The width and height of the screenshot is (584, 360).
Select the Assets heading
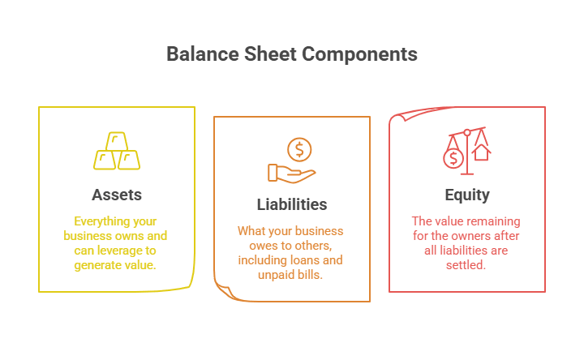pos(116,195)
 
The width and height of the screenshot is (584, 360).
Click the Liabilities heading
pos(291,205)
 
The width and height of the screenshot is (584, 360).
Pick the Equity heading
pos(467,195)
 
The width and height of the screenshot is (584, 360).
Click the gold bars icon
pos(117,152)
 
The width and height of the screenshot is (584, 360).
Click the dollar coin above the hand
pos(299,148)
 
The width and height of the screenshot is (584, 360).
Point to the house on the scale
pos(482,152)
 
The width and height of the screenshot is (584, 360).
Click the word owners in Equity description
pos(466,236)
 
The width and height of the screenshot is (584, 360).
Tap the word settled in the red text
pos(466,264)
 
